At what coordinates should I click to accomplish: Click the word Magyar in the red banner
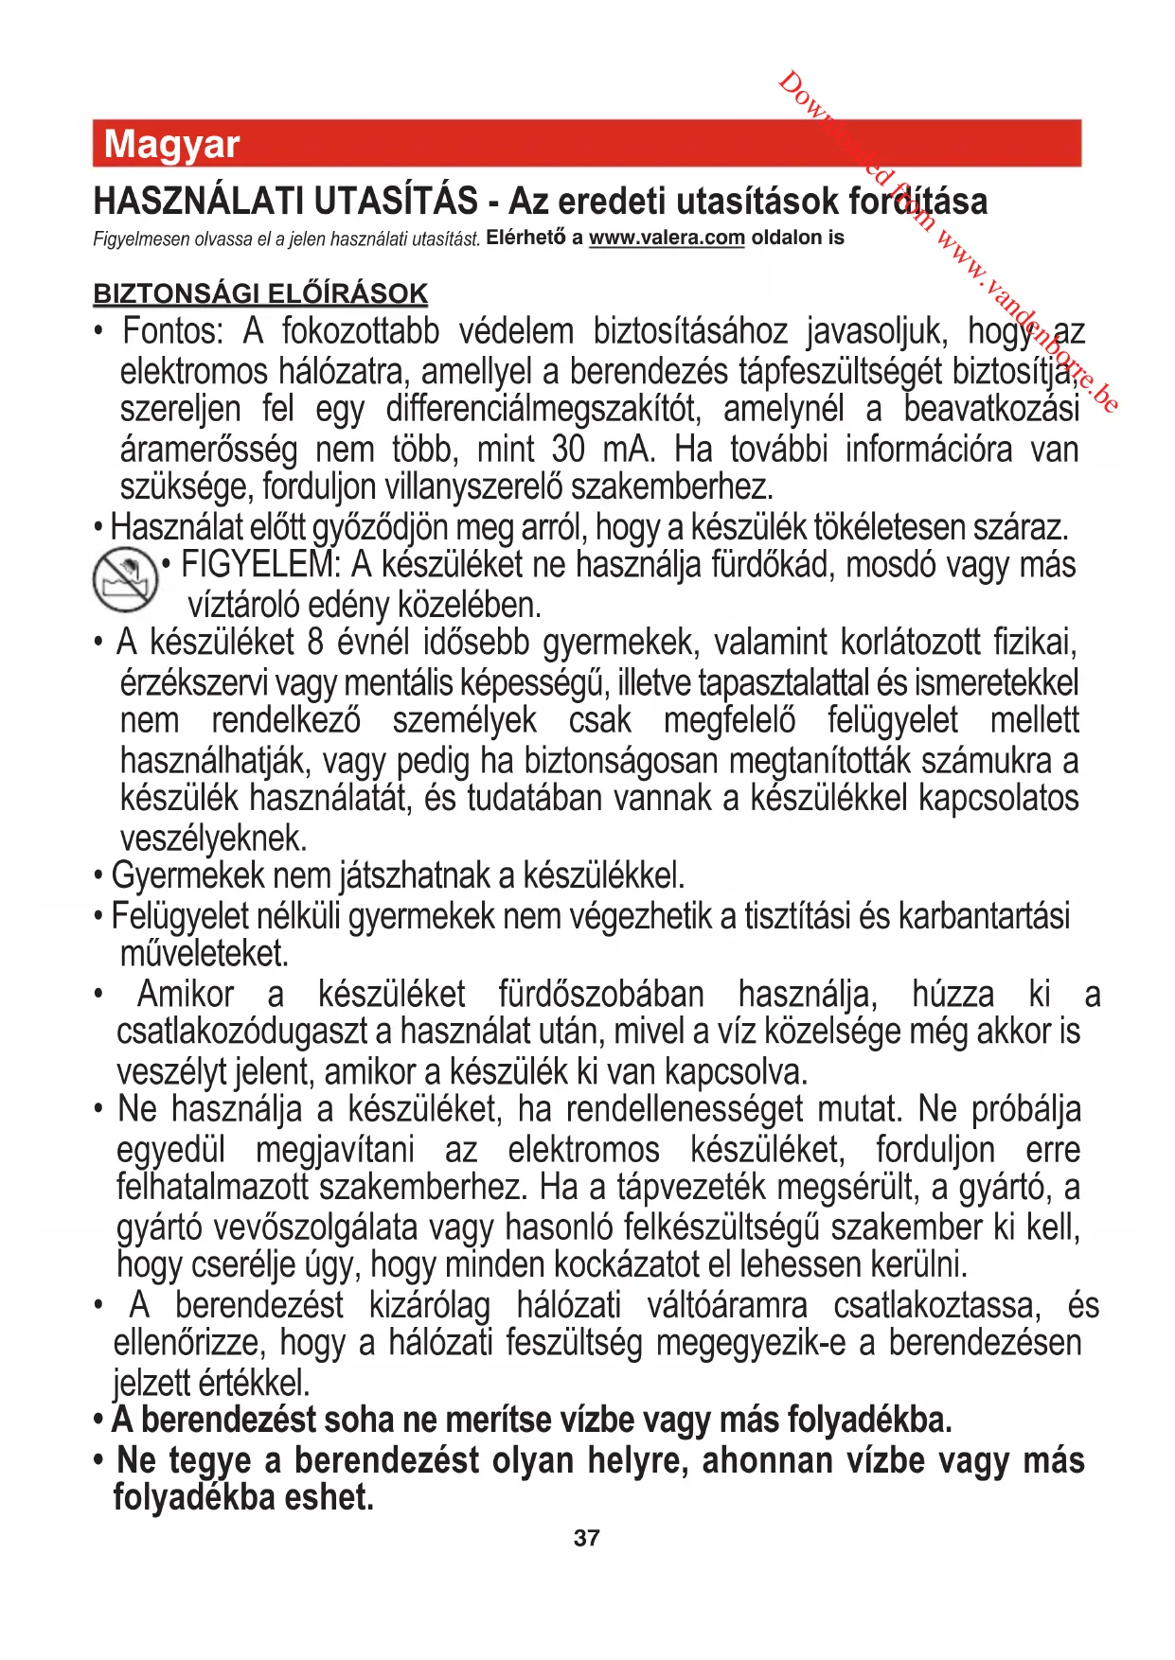click(x=171, y=145)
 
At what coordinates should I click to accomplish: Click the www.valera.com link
click(x=667, y=238)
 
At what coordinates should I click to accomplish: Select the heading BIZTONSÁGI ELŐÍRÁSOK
click(x=260, y=293)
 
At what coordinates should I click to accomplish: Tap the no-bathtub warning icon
click(x=125, y=580)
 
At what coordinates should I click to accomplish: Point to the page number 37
click(x=586, y=1538)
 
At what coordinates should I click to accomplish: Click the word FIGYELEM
click(x=259, y=565)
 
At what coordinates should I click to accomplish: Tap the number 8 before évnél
click(x=316, y=643)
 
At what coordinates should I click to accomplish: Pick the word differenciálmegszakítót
click(x=543, y=410)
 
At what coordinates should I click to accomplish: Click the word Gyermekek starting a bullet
click(x=187, y=876)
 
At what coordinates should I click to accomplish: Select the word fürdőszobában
click(x=601, y=995)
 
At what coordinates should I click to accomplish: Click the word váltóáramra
click(x=727, y=1305)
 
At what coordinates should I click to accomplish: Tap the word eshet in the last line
click(x=336, y=1497)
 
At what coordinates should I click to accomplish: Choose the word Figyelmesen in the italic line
click(x=140, y=238)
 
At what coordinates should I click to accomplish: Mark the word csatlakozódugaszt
click(x=245, y=1033)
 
